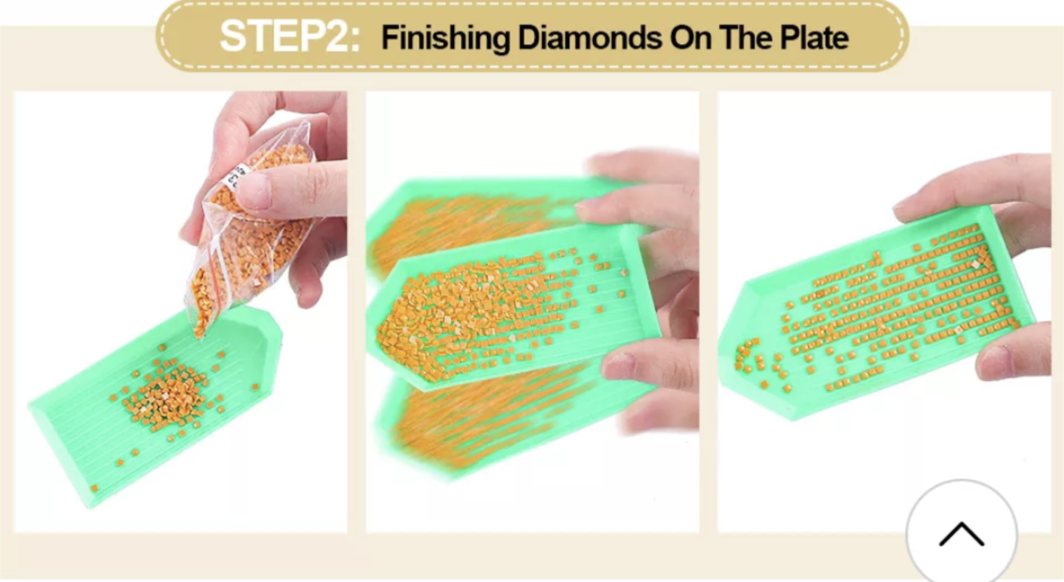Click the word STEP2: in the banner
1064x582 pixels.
point(290,37)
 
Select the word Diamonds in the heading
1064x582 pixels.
point(589,37)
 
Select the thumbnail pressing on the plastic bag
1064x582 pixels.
point(254,191)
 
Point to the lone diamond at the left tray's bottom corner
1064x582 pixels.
point(95,488)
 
